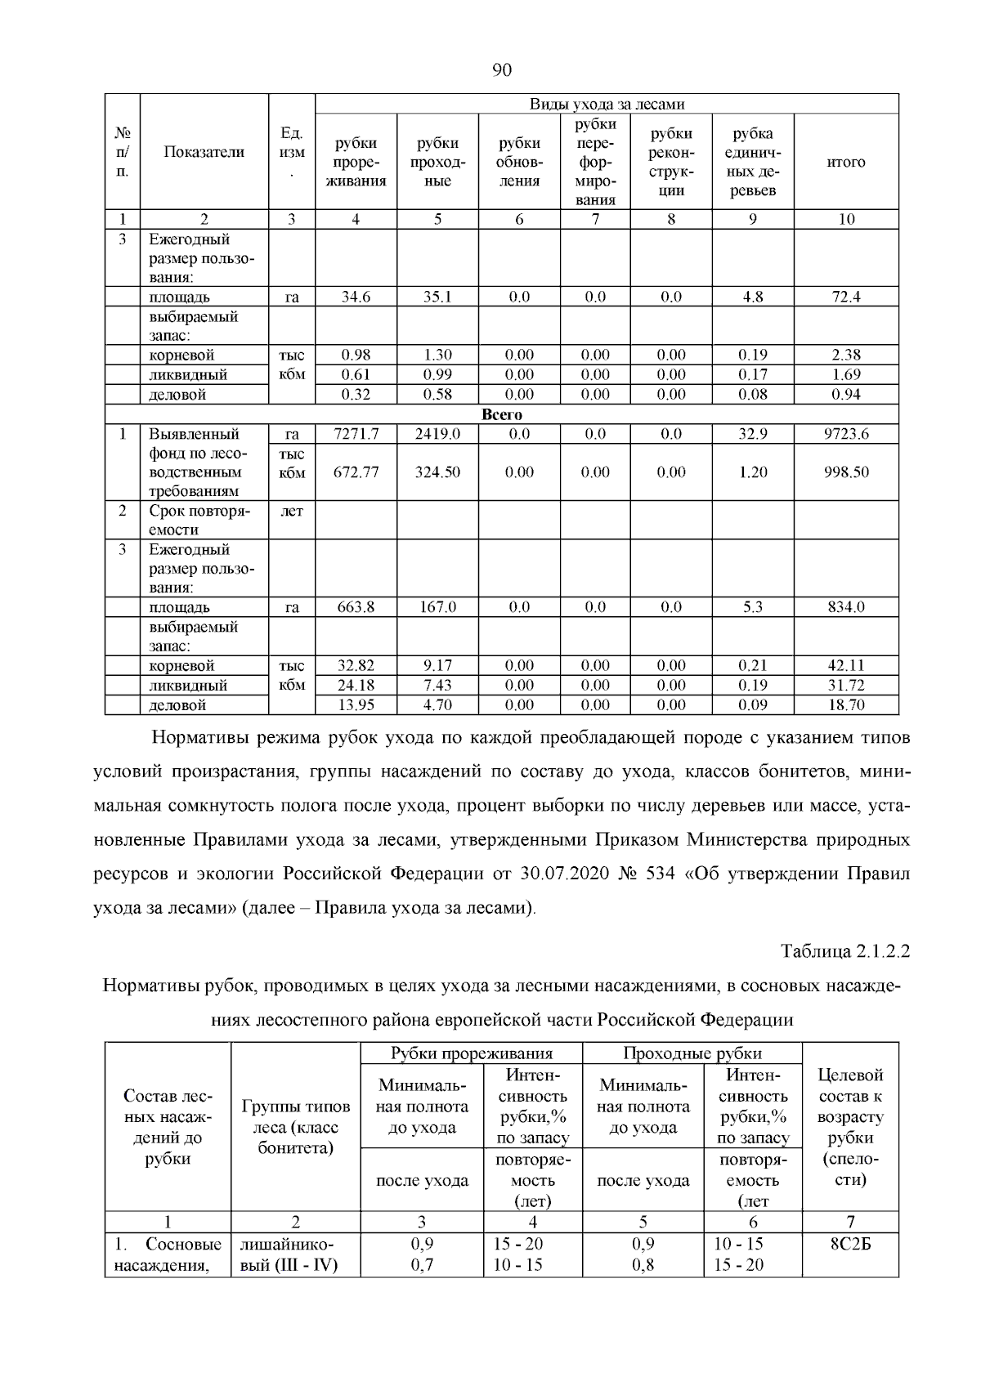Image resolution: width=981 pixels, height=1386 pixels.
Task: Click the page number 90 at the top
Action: [502, 70]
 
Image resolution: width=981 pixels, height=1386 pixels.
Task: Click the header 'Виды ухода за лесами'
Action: [607, 104]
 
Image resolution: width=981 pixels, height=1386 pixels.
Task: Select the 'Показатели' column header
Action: [204, 152]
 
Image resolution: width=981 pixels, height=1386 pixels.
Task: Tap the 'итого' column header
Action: [846, 162]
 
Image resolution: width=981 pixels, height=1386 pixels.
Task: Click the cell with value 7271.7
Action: [356, 434]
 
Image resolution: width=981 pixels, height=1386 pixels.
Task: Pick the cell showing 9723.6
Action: [846, 434]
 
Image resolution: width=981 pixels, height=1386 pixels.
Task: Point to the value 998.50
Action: [846, 472]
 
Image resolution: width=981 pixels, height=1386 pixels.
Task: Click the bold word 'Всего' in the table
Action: [502, 414]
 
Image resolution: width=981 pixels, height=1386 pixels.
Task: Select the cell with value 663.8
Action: [356, 607]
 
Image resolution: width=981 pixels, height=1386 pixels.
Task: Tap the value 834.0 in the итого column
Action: [846, 607]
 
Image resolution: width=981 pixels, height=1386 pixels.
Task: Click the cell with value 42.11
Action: [846, 666]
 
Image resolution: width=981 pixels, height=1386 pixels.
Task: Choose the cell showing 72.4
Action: [846, 297]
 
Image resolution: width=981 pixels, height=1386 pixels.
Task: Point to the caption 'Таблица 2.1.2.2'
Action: [845, 951]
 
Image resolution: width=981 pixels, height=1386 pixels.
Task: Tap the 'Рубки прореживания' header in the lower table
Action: [472, 1053]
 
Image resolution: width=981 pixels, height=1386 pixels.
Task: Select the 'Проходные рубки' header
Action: [692, 1053]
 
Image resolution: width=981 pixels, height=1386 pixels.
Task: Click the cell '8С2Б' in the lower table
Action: [850, 1244]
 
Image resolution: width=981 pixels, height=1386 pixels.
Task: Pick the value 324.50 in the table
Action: [437, 472]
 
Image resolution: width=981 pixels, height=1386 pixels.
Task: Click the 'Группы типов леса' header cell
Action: [296, 1127]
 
